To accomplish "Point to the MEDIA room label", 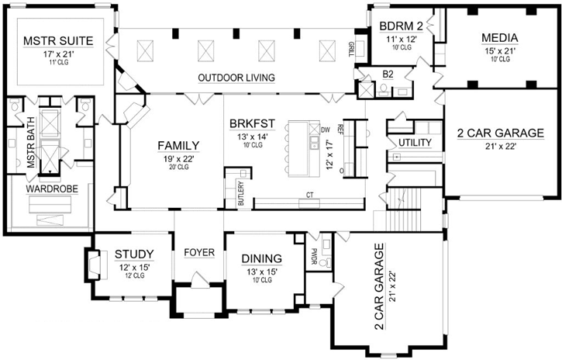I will coord(500,37).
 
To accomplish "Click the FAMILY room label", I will coord(179,145).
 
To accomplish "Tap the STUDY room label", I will coord(134,254).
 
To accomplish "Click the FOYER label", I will coord(198,253).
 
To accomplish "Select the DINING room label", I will coord(261,258).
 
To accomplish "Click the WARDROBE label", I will coord(48,189).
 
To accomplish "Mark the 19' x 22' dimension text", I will coord(179,158).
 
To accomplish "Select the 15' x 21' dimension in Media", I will coord(500,50).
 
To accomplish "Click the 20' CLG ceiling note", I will coord(179,168).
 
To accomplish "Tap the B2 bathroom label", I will coord(387,76).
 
